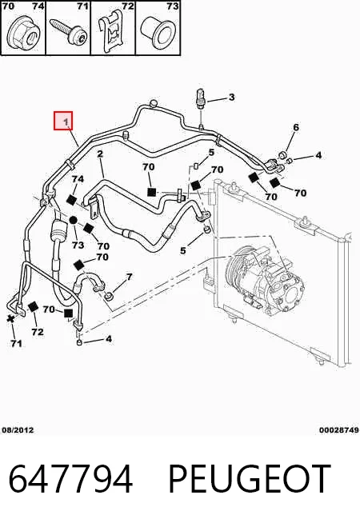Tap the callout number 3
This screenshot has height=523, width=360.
click(x=231, y=97)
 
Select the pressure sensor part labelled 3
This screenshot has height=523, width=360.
click(x=200, y=98)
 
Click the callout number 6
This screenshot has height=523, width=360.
click(x=296, y=127)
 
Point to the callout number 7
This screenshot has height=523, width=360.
click(x=129, y=277)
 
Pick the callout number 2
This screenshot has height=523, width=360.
click(x=100, y=154)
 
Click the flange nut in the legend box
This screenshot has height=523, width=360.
click(x=24, y=32)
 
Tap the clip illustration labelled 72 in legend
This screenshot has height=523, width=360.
click(x=113, y=34)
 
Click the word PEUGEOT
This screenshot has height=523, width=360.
click(x=250, y=479)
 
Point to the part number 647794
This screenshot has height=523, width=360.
click(x=70, y=479)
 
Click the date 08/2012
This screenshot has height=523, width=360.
click(x=18, y=430)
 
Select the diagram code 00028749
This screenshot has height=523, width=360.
click(x=339, y=430)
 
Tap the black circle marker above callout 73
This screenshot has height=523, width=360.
click(x=74, y=220)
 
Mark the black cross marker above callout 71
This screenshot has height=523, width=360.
click(x=10, y=318)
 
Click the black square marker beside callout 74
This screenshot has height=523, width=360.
click(x=71, y=200)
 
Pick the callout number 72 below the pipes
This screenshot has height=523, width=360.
click(x=38, y=332)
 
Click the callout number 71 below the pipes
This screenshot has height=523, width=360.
click(x=16, y=343)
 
